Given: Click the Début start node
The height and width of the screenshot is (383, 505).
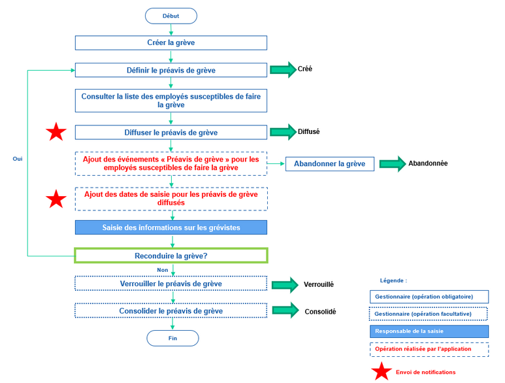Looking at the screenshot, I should click(x=171, y=16).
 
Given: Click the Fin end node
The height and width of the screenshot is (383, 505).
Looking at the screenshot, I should click(x=172, y=338).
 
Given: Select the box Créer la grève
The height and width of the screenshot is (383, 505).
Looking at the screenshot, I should click(x=171, y=43).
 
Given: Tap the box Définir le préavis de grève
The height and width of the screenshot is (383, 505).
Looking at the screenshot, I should click(x=171, y=71).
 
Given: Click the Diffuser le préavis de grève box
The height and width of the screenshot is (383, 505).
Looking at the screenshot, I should click(x=171, y=133).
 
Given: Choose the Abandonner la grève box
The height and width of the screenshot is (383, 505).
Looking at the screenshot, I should click(x=330, y=163).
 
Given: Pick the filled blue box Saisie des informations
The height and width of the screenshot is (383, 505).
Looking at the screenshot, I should click(x=171, y=227).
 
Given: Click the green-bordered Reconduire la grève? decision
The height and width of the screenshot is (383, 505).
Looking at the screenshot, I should click(x=171, y=256).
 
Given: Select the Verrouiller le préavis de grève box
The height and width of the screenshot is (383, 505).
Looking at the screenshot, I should click(x=171, y=284).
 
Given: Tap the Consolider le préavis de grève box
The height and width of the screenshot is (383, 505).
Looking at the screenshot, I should click(x=171, y=311).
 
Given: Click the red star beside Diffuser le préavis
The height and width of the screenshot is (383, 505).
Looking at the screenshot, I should click(x=56, y=133).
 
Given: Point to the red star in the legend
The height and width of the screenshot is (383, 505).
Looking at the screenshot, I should click(x=382, y=372).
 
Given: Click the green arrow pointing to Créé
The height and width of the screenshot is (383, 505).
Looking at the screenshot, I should click(x=283, y=70).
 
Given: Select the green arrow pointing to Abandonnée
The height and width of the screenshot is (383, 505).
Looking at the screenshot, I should click(x=393, y=163).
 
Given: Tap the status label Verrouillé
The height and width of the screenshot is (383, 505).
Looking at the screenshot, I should click(x=319, y=285).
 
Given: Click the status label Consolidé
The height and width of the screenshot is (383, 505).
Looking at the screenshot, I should click(x=320, y=312).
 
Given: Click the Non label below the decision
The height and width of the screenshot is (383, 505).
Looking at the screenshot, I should click(x=162, y=269).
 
